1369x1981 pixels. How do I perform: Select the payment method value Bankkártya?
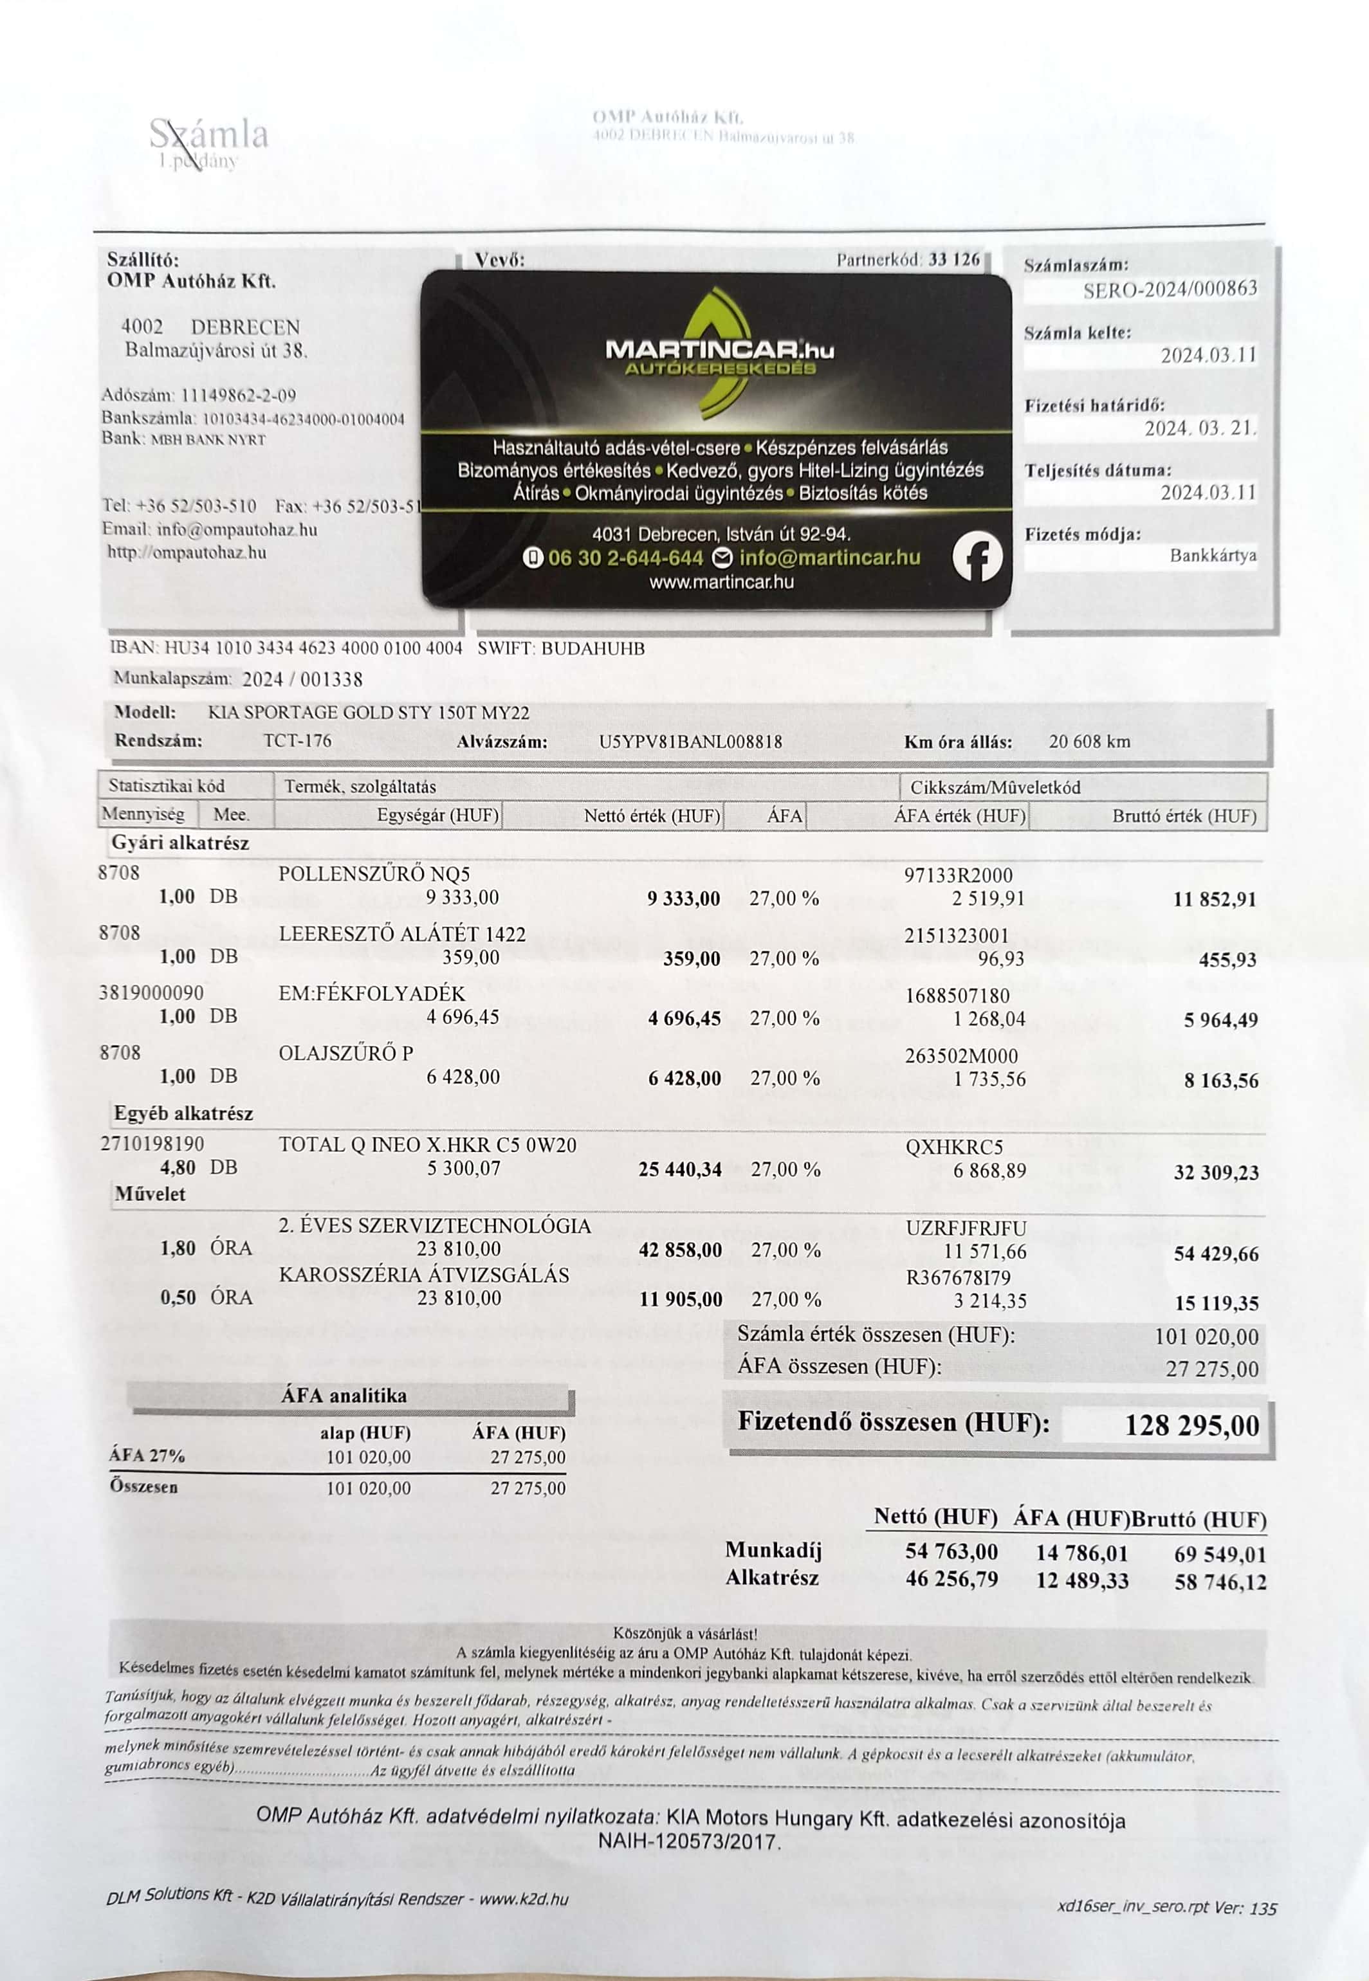tap(1212, 555)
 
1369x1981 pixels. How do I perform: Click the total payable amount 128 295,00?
tap(1191, 1425)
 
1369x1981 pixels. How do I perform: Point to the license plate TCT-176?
tap(297, 740)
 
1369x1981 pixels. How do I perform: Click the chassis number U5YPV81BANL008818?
tap(690, 742)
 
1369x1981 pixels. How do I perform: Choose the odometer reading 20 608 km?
tap(1089, 741)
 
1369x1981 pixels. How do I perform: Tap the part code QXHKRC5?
tap(954, 1147)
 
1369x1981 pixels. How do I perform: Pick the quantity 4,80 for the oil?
tap(178, 1167)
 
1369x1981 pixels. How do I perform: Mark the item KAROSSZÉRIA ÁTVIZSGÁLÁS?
tap(424, 1274)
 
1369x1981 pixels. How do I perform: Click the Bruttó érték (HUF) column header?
tap(1184, 816)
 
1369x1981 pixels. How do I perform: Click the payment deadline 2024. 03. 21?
tap(1200, 427)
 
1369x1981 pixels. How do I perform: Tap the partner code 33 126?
tap(954, 259)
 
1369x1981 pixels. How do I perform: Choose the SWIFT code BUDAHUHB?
tap(593, 648)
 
